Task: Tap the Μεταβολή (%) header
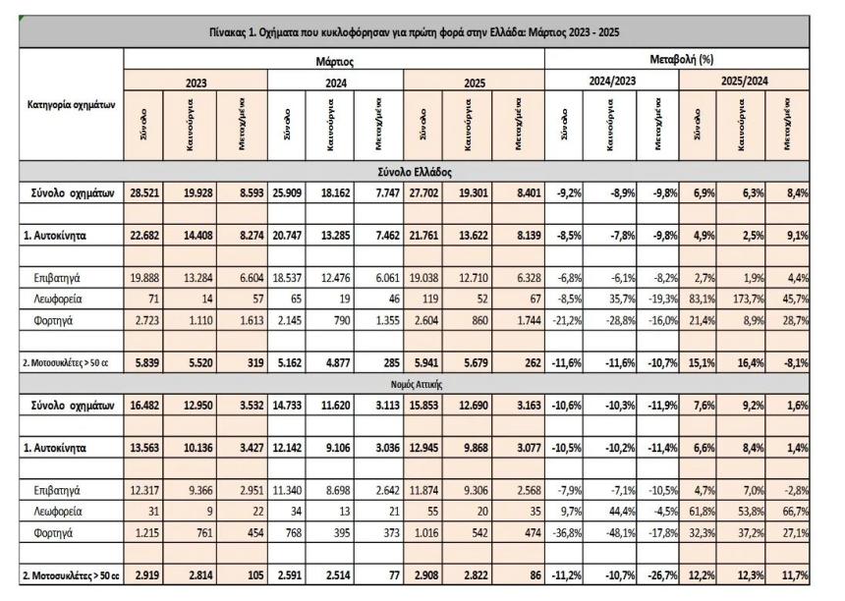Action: pos(676,60)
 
